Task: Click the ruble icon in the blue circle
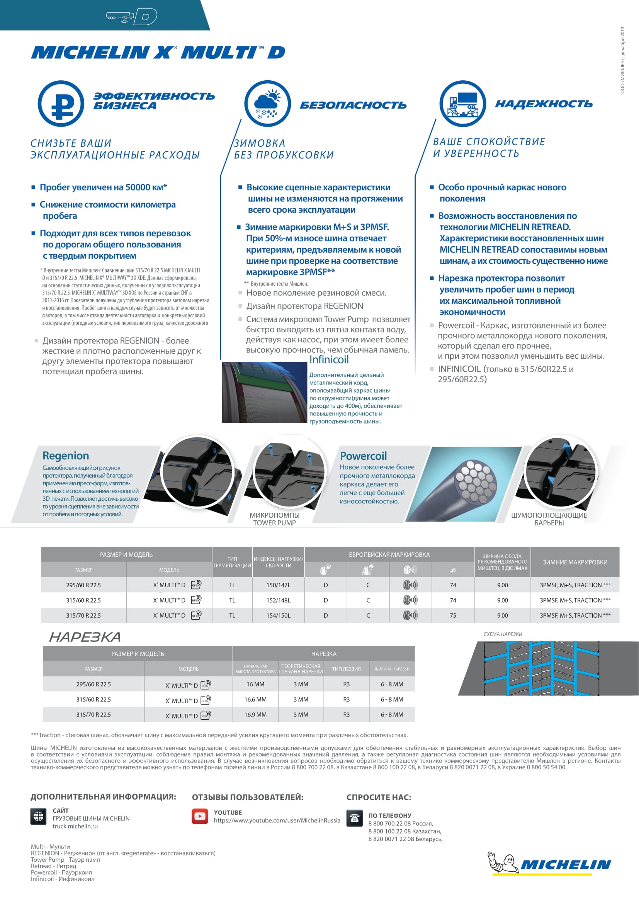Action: pyautogui.click(x=61, y=103)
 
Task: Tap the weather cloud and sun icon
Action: pyautogui.click(x=267, y=103)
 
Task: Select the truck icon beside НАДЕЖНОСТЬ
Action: pyautogui.click(x=462, y=103)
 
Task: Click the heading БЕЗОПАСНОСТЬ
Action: pyautogui.click(x=353, y=105)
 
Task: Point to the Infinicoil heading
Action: pyautogui.click(x=329, y=359)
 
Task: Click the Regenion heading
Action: pyautogui.click(x=66, y=456)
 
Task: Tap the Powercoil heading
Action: pyautogui.click(x=363, y=456)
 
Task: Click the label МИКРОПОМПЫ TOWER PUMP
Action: pyautogui.click(x=274, y=519)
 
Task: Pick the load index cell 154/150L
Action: pyautogui.click(x=278, y=615)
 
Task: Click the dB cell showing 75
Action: pyautogui.click(x=453, y=615)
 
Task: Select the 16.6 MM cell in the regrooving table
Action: pyautogui.click(x=255, y=700)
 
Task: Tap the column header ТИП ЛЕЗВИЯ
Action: pyautogui.click(x=346, y=669)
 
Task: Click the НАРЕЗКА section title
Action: pyautogui.click(x=85, y=637)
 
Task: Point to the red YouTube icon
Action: pyautogui.click(x=200, y=817)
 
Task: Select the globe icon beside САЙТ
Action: pyautogui.click(x=38, y=816)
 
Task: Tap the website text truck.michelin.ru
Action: pyautogui.click(x=75, y=826)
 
